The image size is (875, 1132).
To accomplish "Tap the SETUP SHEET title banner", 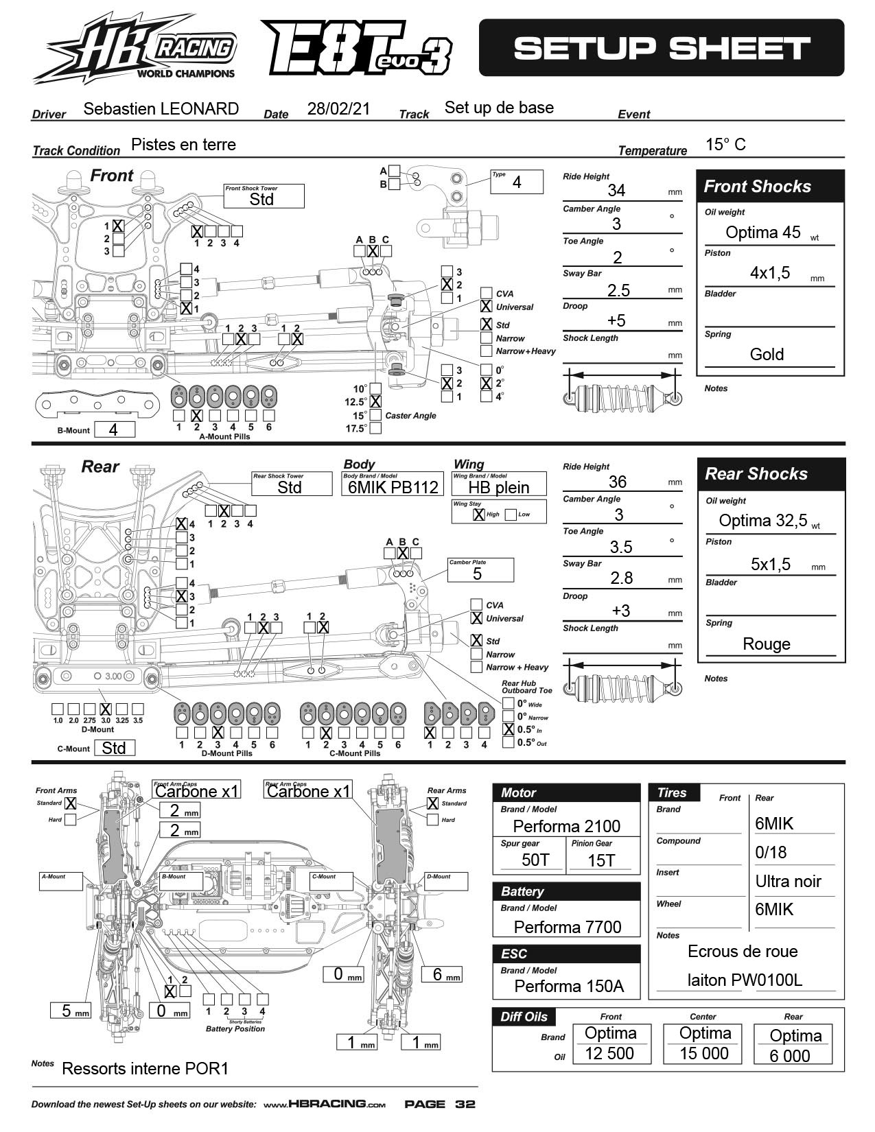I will point(661,48).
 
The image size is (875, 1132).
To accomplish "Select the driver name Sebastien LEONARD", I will point(161,109).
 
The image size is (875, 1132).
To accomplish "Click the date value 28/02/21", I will point(338,109).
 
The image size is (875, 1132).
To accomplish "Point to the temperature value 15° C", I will point(725,145).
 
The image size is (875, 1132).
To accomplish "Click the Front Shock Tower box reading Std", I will point(263,198).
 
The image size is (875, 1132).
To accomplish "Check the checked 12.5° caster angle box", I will point(375,402).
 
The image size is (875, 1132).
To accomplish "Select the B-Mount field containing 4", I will point(115,429).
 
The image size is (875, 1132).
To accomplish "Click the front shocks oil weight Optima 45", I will point(763,233).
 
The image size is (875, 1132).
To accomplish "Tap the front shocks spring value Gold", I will point(767,355).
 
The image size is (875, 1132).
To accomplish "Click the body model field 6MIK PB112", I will point(393,487).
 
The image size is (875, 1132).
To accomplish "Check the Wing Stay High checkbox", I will point(479,514).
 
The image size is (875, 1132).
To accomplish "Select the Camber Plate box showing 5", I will point(480,573).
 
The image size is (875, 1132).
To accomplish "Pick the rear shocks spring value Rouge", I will point(767,644).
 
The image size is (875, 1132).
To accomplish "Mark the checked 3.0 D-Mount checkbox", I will point(105,709).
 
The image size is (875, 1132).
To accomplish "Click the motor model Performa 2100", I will point(566,826).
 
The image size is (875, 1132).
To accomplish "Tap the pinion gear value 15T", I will point(601,860).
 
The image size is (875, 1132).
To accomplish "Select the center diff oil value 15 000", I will point(704,1054).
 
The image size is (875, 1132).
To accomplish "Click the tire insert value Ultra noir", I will point(788,882).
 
